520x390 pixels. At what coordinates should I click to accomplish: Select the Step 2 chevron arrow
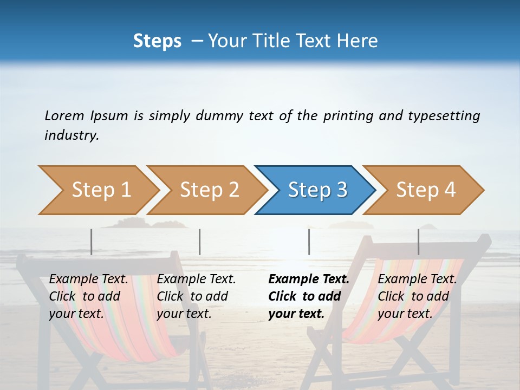209,190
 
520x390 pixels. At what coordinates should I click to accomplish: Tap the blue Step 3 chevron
317,190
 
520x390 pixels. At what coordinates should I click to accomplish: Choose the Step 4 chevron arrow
426,190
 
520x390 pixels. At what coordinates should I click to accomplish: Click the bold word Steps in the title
157,41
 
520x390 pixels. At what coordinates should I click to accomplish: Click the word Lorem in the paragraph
64,115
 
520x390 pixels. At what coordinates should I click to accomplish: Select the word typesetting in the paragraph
444,115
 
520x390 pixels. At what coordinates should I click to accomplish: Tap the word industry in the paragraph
71,135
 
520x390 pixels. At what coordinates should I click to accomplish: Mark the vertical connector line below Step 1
92,242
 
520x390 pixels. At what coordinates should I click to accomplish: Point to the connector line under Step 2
200,242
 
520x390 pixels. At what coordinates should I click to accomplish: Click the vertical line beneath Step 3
309,242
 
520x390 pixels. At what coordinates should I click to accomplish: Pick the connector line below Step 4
418,242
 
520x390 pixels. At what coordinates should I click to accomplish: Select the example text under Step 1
88,296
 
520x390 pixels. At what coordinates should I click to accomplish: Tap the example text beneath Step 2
196,296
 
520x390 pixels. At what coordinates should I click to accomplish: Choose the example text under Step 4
417,296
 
